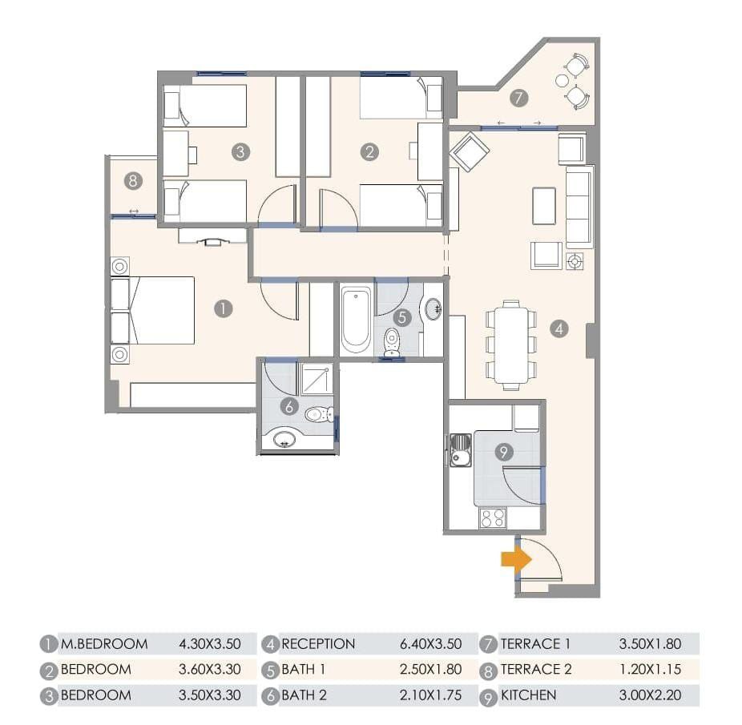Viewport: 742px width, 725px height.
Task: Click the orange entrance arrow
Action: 516,559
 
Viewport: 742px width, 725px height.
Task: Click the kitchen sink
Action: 460,450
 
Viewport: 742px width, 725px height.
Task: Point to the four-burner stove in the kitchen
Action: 493,518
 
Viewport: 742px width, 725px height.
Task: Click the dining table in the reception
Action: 511,344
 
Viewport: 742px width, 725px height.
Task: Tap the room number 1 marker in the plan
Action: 224,308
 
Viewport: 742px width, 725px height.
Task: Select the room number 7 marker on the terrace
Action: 518,98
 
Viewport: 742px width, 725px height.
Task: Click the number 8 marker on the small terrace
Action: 133,180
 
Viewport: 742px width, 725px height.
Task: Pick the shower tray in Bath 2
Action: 317,379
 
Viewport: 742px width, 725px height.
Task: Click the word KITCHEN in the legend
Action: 529,695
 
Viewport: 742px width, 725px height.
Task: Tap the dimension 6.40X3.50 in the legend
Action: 430,644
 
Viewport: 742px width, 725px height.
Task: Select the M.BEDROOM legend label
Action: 104,644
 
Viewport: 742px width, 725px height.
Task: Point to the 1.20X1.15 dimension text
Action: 650,669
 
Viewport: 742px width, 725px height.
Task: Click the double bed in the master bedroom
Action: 152,311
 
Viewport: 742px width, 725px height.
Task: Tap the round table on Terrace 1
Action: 562,81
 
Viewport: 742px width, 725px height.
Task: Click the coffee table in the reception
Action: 544,206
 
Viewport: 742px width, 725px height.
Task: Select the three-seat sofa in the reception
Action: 579,207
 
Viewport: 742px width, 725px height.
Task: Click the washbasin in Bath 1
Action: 433,309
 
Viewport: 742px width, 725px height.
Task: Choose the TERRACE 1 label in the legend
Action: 536,644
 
